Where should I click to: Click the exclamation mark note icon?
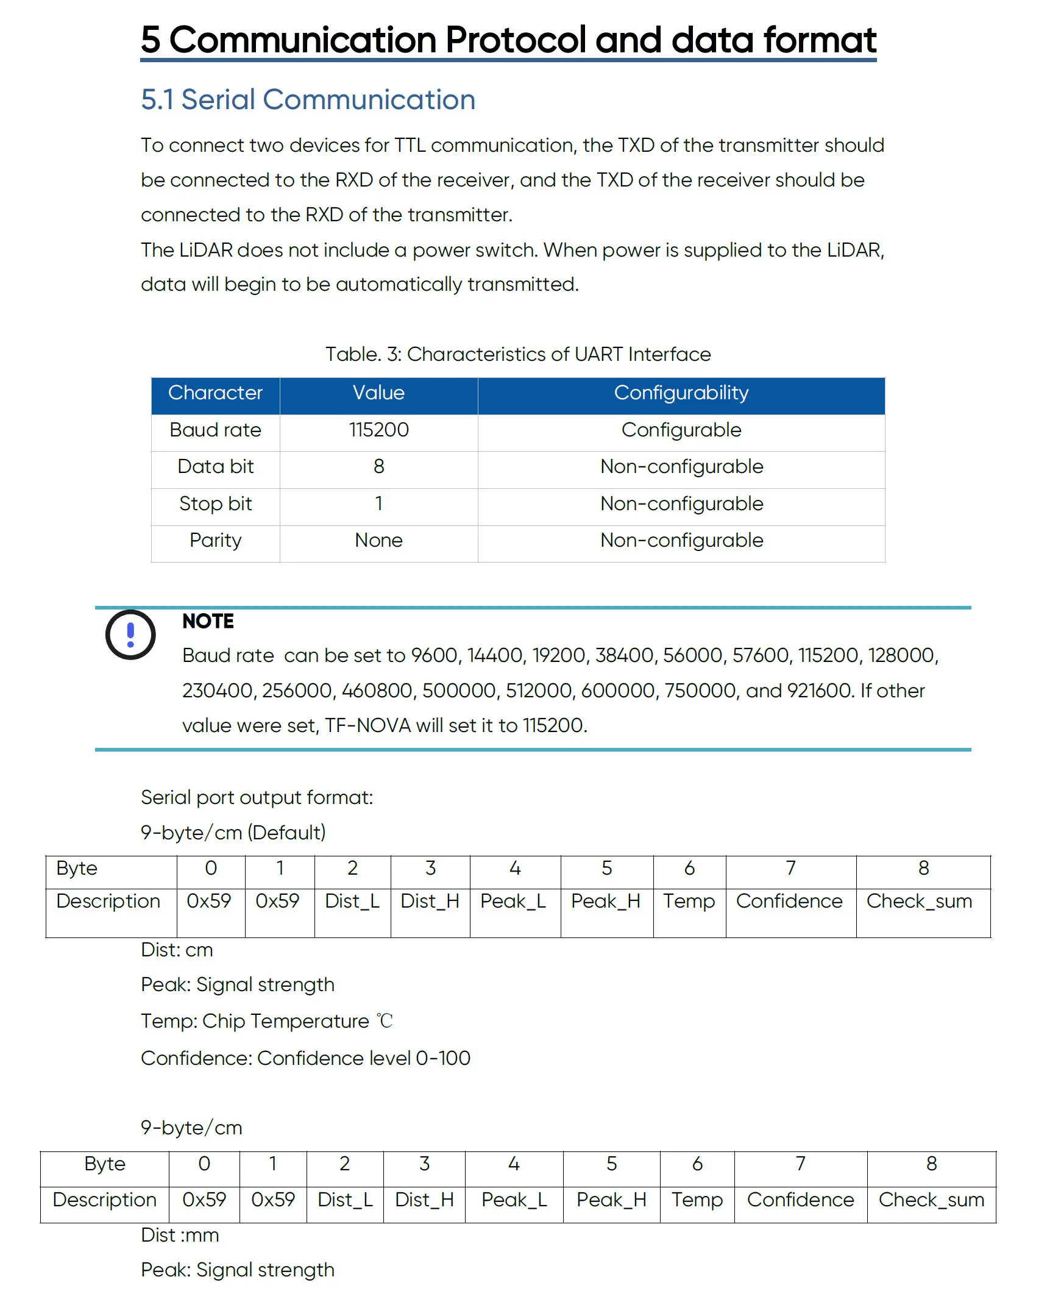click(130, 635)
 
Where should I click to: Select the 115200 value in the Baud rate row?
click(378, 430)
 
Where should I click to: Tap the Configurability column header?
click(681, 393)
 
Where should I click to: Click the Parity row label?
click(215, 541)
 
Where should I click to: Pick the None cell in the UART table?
click(378, 541)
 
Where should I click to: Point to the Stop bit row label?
click(215, 503)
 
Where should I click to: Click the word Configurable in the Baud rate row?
click(681, 430)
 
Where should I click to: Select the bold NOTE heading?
click(208, 621)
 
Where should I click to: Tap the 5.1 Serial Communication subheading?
click(308, 100)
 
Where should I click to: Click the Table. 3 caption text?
click(517, 354)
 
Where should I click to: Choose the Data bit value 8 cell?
click(378, 467)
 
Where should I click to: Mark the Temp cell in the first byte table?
click(689, 901)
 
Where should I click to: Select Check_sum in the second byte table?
click(931, 1200)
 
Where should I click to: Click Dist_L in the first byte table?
click(352, 901)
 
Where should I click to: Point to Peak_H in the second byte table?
click(611, 1200)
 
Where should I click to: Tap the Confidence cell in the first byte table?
click(789, 901)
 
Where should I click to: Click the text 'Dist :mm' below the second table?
click(180, 1235)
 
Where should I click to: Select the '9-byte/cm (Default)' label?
click(233, 833)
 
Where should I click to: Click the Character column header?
click(215, 393)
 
